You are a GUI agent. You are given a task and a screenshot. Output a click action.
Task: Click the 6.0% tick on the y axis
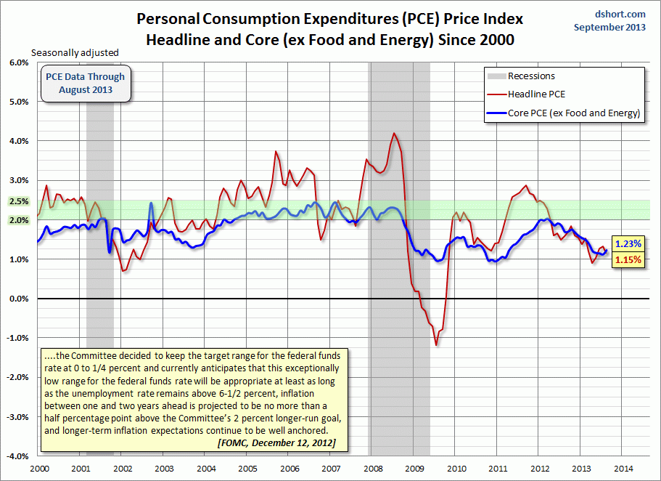(x=17, y=62)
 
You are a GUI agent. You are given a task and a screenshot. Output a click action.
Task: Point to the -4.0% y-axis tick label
(x=15, y=456)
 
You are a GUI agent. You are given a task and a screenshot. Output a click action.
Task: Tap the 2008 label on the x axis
(x=373, y=469)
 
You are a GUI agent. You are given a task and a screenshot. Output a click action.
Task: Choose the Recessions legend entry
(x=531, y=76)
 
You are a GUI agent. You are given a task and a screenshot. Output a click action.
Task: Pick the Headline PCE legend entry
(x=536, y=94)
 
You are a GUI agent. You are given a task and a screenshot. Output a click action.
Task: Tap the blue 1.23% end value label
(x=628, y=244)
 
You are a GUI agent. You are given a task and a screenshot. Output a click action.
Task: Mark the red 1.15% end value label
(x=628, y=259)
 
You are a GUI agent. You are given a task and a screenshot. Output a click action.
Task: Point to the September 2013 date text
(x=610, y=27)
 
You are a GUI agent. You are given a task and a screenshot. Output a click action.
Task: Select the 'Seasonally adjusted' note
(x=74, y=53)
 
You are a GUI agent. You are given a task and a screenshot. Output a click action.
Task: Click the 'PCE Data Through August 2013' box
(x=85, y=84)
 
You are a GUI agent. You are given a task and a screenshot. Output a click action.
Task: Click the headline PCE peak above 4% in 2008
(x=394, y=134)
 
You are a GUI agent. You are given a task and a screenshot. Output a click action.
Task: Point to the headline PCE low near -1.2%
(x=436, y=344)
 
